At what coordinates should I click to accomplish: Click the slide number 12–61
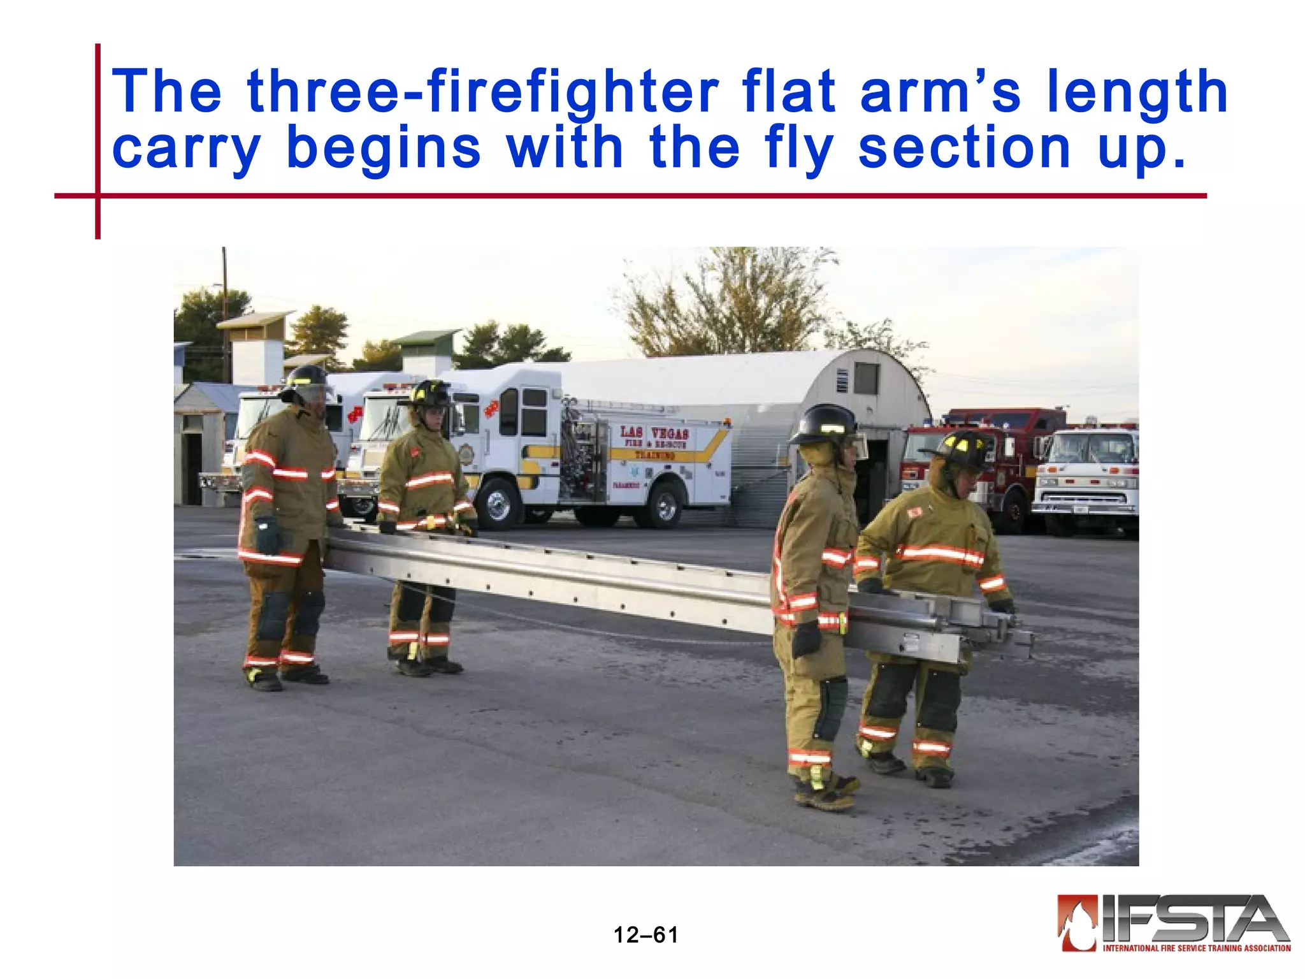(645, 935)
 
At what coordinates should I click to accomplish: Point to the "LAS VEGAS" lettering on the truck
(654, 433)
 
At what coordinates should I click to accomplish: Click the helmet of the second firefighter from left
(429, 395)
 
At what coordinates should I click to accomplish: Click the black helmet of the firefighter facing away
(825, 423)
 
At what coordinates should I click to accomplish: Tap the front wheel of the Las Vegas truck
(498, 504)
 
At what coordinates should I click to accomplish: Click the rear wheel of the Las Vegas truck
(663, 505)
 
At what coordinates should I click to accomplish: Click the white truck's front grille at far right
(1083, 498)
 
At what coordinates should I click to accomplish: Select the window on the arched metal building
(866, 379)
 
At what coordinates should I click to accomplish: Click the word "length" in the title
(1137, 94)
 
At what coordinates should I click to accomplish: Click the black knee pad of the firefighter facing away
(831, 707)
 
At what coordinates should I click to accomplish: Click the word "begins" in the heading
(383, 149)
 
